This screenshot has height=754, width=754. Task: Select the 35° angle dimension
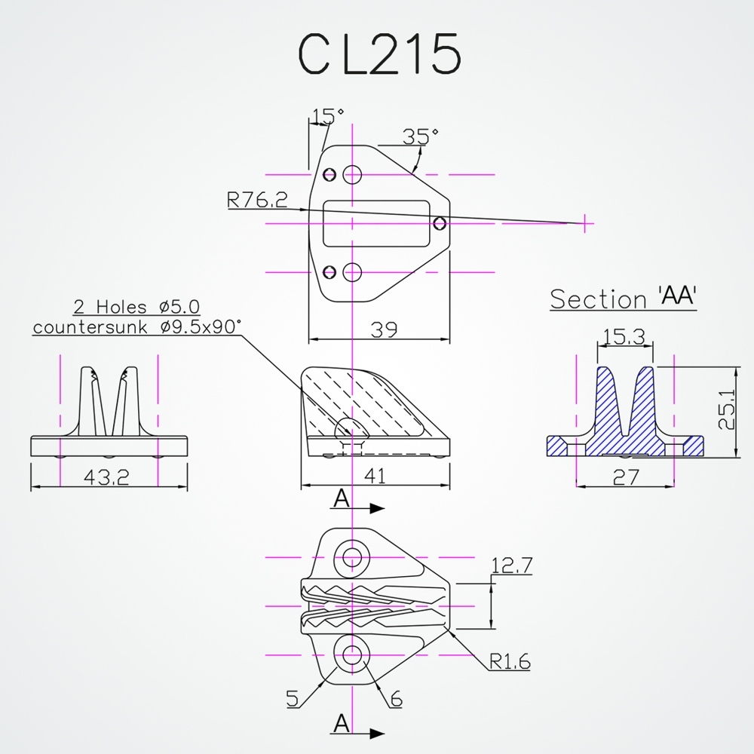point(420,136)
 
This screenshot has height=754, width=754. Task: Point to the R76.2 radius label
point(257,200)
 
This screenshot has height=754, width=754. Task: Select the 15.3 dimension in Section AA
point(624,337)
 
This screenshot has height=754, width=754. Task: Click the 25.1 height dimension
point(726,411)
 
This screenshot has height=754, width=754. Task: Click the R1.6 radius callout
point(509,662)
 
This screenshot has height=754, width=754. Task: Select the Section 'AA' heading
point(623,299)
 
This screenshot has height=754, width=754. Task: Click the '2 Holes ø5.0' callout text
point(136,307)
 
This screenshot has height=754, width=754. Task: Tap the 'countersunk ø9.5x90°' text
point(136,326)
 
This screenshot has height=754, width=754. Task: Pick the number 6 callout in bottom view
point(396,699)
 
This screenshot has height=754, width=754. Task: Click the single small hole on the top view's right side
point(440,223)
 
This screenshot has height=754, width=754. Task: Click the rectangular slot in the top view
point(376,223)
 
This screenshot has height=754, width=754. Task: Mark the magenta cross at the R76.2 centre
point(584,222)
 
